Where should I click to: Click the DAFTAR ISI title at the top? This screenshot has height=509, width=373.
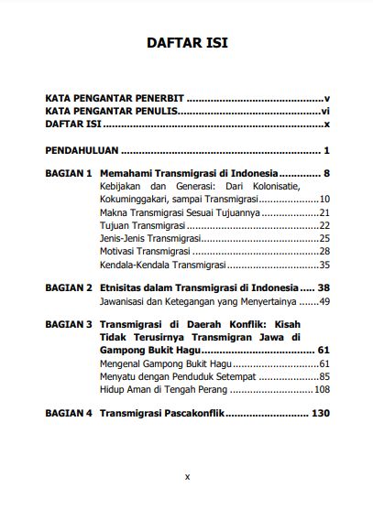(187, 43)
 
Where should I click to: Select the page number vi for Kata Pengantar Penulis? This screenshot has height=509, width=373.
(324, 110)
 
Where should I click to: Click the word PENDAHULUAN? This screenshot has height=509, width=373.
(82, 149)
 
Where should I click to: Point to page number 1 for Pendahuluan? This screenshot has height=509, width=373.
(326, 149)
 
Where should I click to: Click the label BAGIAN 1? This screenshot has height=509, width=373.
(69, 173)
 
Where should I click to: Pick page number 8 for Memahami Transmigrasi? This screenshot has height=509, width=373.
(326, 173)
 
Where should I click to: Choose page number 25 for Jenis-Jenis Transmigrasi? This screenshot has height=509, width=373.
(324, 238)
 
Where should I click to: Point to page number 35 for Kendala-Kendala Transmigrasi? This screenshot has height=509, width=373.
(324, 265)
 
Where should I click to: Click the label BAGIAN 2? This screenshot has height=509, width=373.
(69, 287)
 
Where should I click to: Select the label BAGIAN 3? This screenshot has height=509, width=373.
(69, 324)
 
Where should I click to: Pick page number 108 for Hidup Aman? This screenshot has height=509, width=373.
(321, 389)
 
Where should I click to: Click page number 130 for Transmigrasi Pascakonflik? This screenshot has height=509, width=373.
(319, 413)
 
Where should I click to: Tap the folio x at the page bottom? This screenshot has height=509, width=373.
(187, 476)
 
